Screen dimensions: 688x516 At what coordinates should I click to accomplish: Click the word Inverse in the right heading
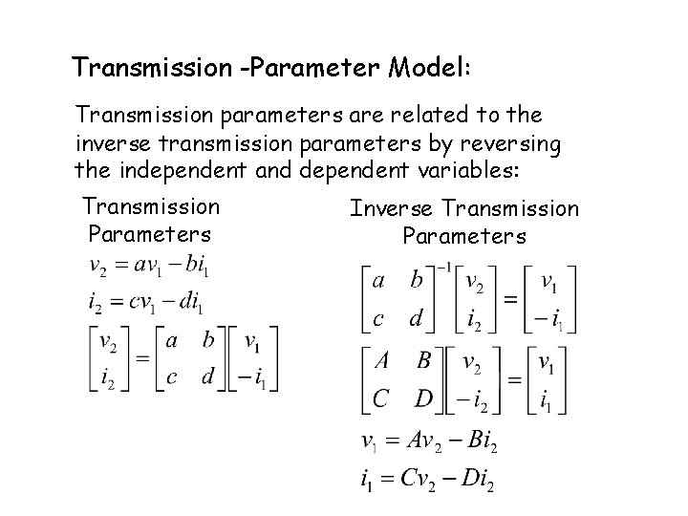388,208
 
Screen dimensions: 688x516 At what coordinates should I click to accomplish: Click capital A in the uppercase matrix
381,361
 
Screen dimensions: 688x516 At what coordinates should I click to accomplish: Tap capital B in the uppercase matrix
424,361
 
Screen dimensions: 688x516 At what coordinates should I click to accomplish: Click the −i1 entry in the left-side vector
253,376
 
